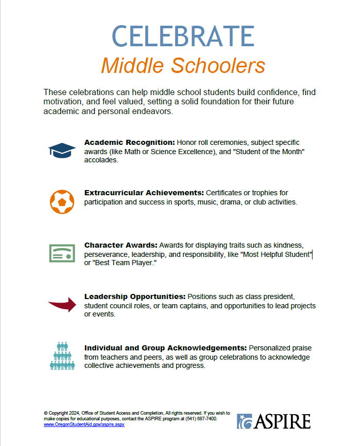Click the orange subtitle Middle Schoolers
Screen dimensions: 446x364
183,66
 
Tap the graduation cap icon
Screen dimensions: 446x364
62,150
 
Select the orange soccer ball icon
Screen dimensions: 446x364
62,201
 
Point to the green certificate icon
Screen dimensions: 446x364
62,253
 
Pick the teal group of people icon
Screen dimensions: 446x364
62,356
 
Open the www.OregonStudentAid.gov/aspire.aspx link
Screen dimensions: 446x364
84,425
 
